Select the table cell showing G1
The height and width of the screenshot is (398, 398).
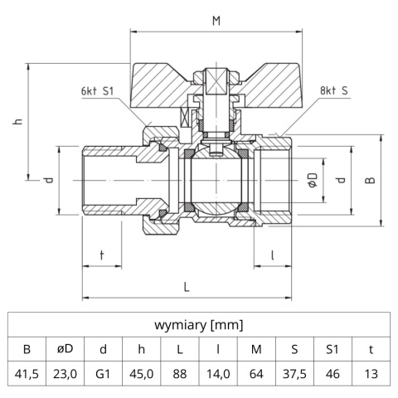tap(103, 374)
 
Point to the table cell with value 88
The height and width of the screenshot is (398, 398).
tap(179, 374)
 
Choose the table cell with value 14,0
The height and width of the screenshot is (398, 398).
tap(217, 374)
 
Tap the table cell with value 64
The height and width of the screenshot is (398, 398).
tap(256, 374)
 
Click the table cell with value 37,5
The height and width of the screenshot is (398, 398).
tap(294, 374)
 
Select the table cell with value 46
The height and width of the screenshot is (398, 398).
tap(332, 374)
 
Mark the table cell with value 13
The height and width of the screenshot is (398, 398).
tap(371, 374)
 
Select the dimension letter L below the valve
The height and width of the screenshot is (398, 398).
tap(186, 286)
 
